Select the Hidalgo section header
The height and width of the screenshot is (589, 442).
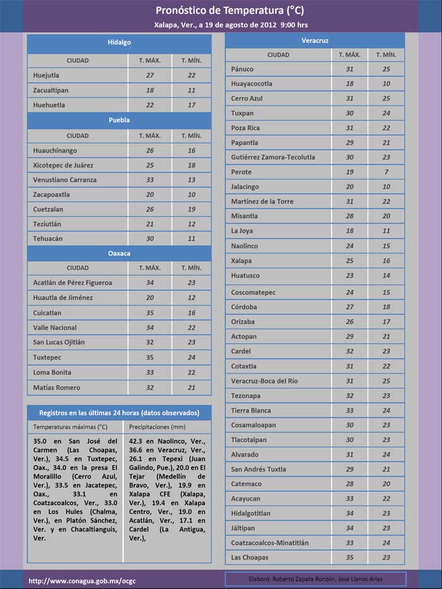click(119, 42)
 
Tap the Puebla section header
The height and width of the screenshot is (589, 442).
click(119, 120)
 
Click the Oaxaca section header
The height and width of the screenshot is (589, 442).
click(119, 253)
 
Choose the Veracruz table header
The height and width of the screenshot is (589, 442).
click(314, 40)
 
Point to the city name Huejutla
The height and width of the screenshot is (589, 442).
click(49, 76)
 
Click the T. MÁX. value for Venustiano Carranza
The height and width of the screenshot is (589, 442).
click(150, 180)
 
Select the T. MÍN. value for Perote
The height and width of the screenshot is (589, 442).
click(386, 172)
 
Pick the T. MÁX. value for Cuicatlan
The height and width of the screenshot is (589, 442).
click(150, 313)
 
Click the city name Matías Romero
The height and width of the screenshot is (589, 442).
click(57, 387)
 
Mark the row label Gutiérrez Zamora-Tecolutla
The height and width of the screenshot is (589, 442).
click(273, 157)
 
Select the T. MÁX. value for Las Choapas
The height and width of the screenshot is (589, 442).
click(349, 557)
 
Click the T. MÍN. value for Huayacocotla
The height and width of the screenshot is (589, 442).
click(386, 83)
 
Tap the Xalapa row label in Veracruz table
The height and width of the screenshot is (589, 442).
click(241, 261)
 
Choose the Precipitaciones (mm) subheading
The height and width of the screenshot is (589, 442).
click(158, 427)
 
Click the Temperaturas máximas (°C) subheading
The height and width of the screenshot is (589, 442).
click(71, 427)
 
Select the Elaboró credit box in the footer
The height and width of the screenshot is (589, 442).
click(315, 580)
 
